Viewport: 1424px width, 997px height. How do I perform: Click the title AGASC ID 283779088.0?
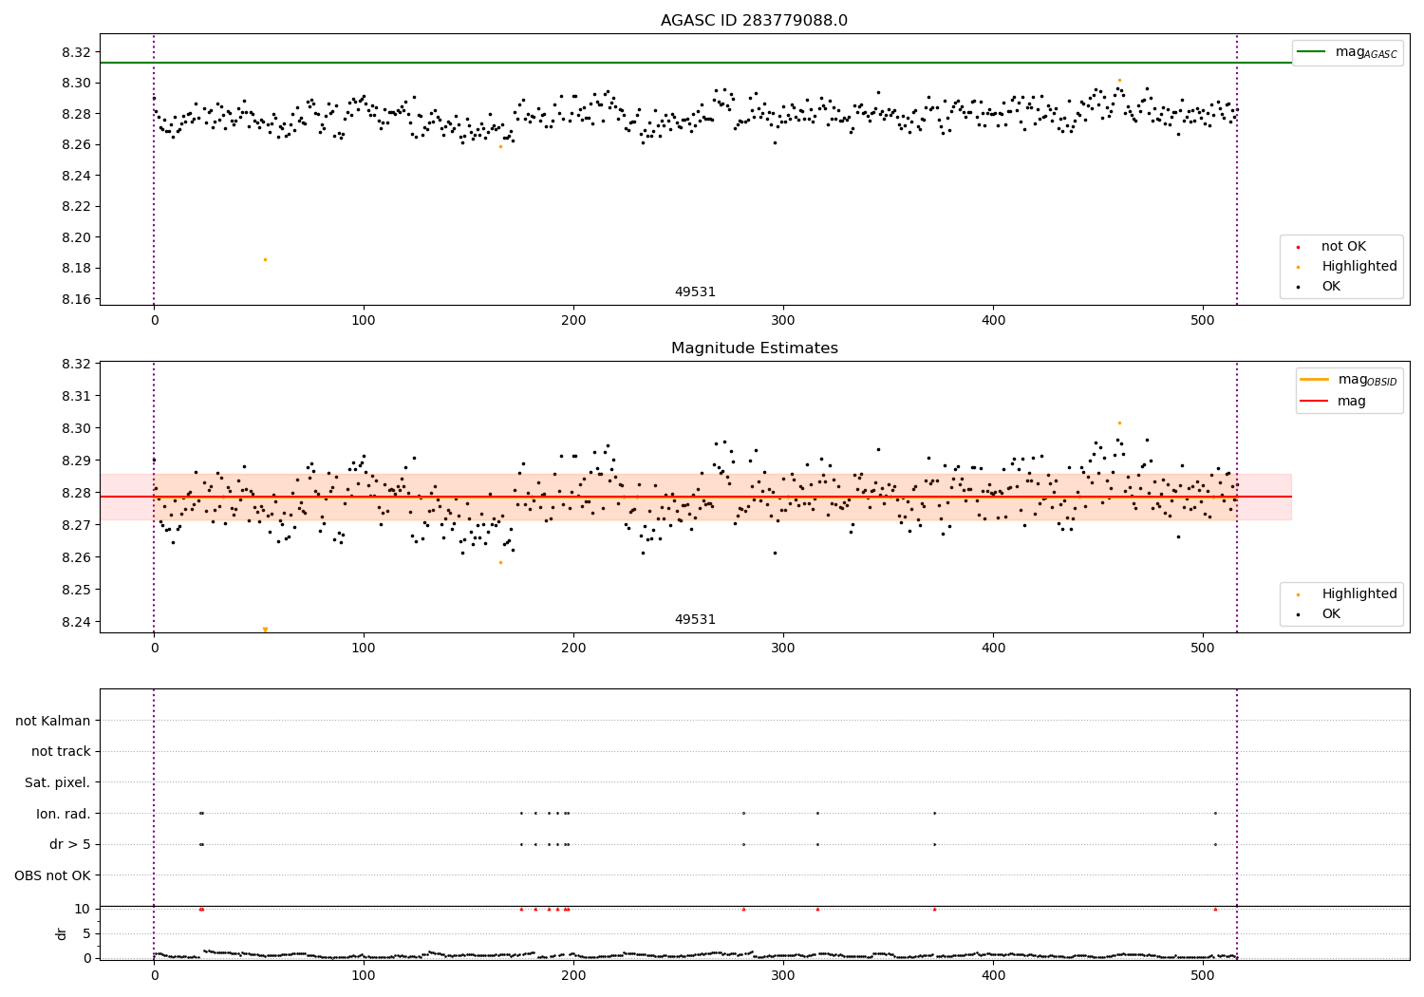coord(754,21)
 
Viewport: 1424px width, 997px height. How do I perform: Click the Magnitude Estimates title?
coord(754,348)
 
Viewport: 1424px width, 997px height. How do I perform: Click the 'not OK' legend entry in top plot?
coord(1342,247)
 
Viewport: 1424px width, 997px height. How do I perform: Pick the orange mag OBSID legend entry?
coord(1349,380)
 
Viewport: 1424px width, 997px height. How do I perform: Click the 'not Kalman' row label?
coord(53,721)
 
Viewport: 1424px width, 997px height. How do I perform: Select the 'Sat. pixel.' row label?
coord(57,782)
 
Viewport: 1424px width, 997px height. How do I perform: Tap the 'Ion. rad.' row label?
coord(63,814)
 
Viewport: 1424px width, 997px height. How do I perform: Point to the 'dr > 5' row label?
coord(69,844)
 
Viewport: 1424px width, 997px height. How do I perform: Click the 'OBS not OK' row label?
coord(52,875)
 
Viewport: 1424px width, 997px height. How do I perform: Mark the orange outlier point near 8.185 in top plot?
coord(265,259)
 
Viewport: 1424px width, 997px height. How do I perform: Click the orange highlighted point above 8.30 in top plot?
coord(1119,81)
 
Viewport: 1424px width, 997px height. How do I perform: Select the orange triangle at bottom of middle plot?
coord(265,630)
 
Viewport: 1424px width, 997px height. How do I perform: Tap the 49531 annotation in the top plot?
coord(695,292)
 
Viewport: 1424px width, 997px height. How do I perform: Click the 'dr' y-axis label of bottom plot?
coord(62,933)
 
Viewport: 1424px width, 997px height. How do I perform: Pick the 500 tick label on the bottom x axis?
coord(1203,975)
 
